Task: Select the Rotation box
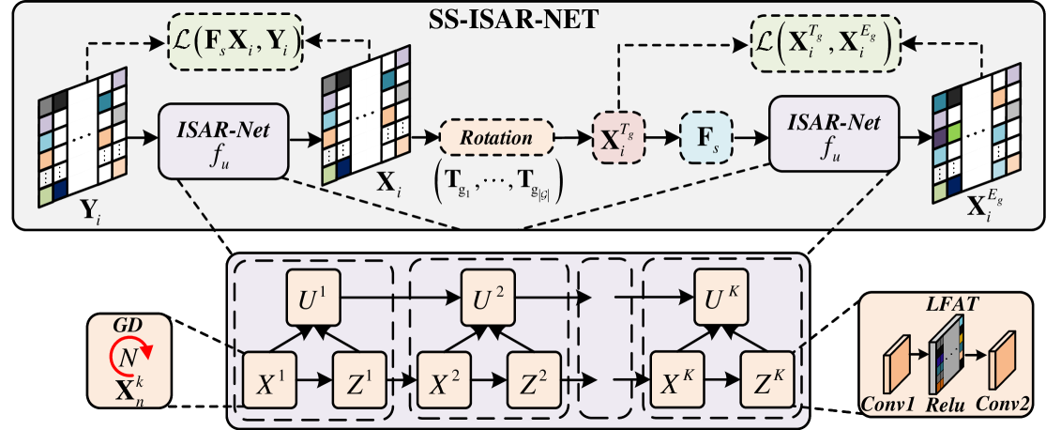click(497, 138)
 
